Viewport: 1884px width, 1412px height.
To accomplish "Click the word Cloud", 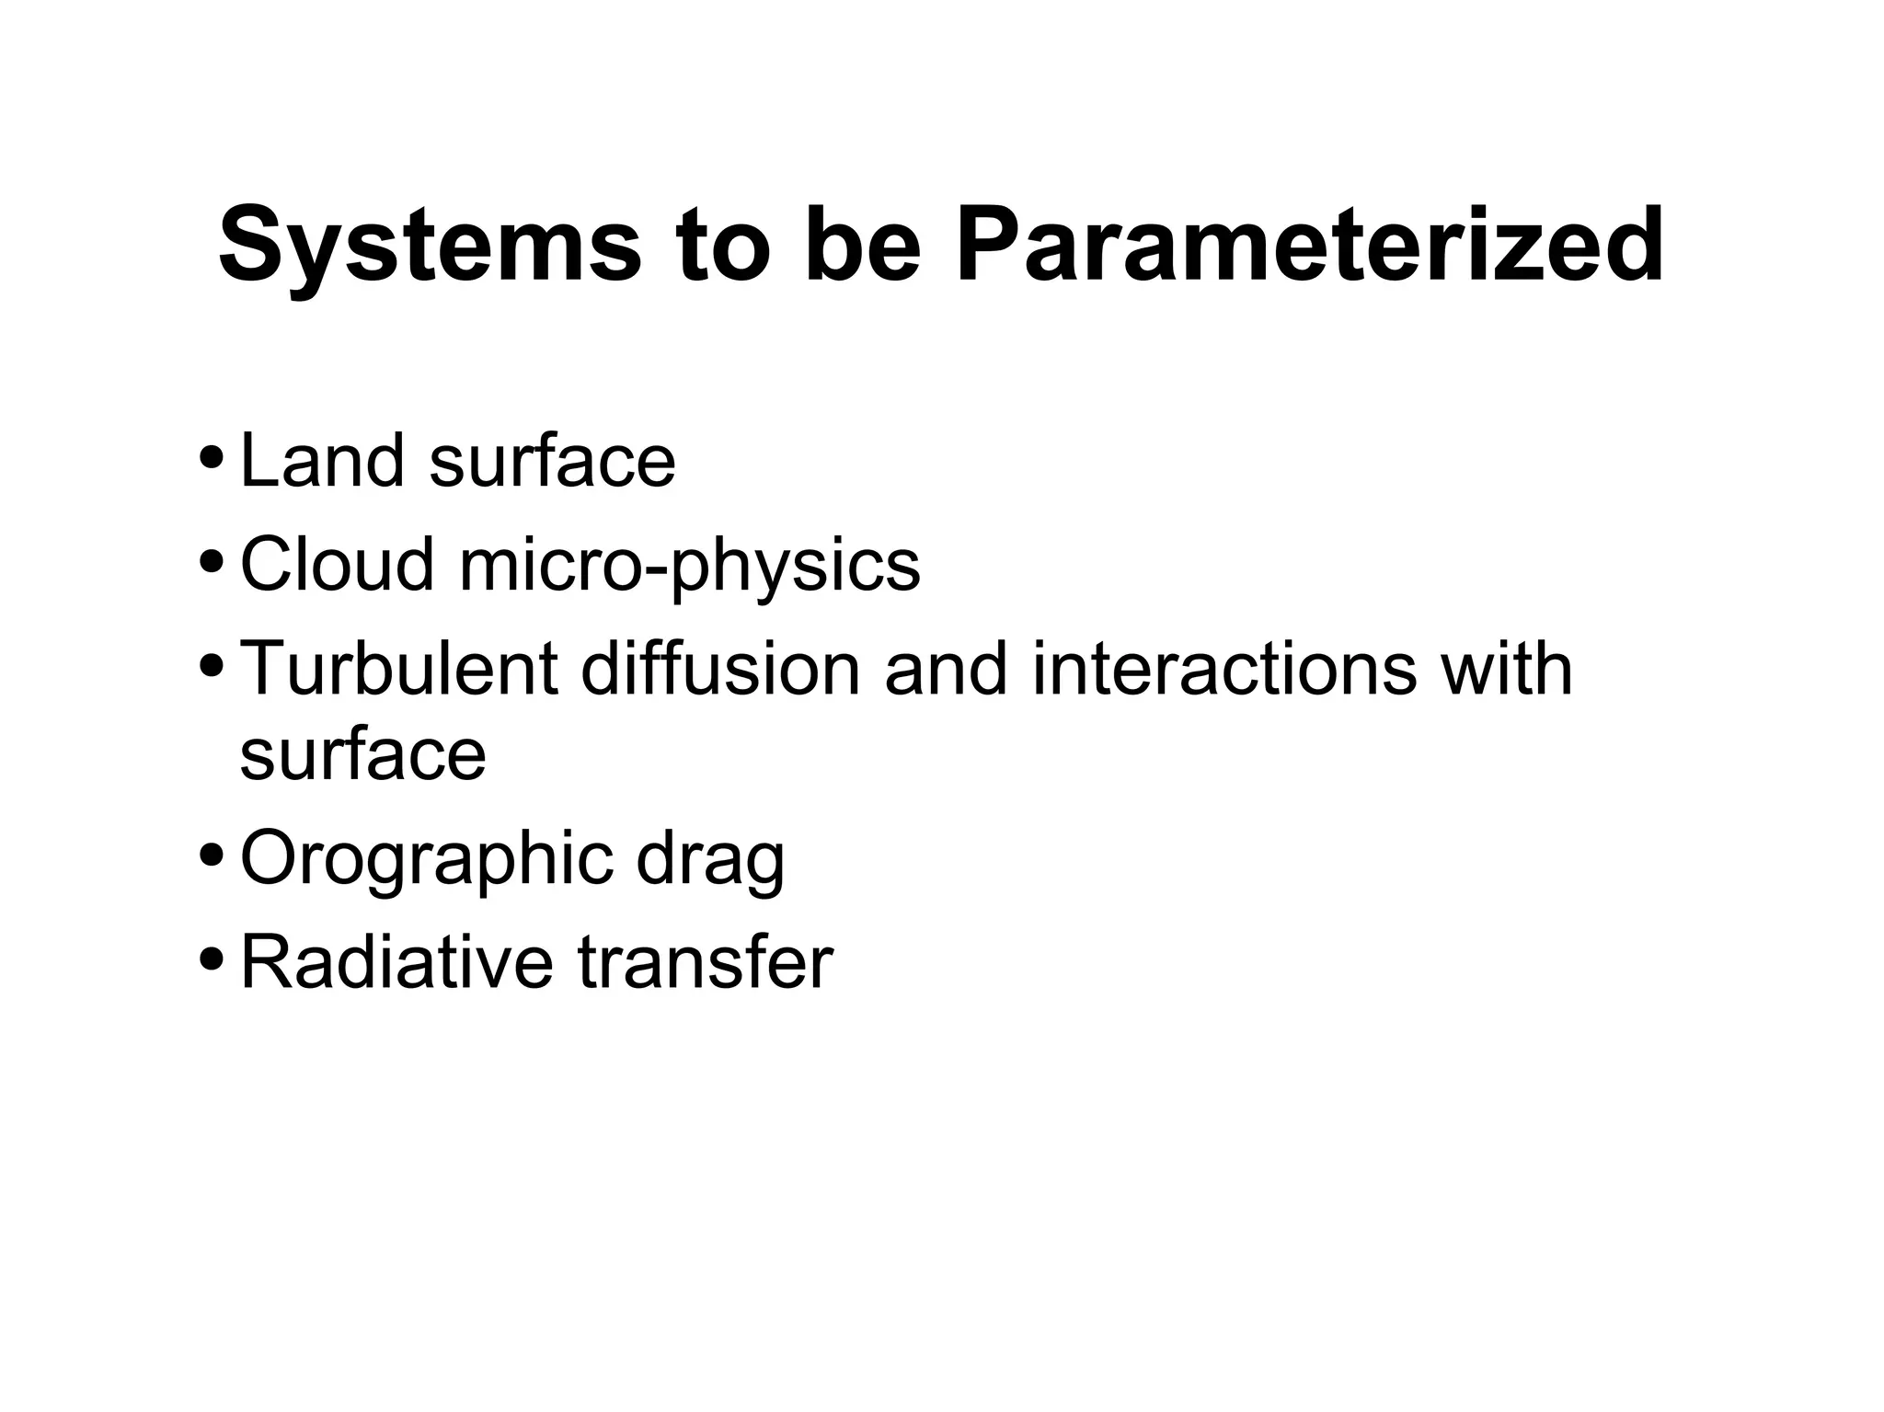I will point(337,564).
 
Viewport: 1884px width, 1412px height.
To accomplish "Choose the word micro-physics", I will point(689,566).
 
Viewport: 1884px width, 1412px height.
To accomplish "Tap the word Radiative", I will point(396,961).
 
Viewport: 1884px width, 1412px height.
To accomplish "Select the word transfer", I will point(705,961).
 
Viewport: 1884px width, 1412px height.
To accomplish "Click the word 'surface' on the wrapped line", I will point(362,756).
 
